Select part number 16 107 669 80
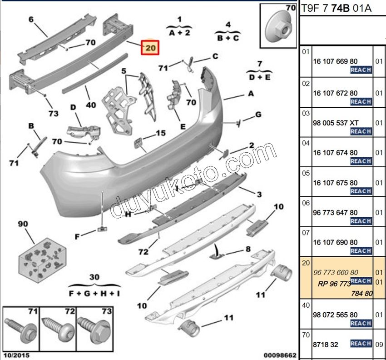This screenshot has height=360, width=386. coord(335,61)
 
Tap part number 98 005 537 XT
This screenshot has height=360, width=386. coord(335,123)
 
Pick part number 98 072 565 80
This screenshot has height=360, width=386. coord(335,315)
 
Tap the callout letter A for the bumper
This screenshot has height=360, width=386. coord(250,94)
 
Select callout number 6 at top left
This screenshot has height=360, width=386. coord(31,20)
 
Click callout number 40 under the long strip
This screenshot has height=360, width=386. coord(91,105)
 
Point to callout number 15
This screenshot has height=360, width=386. coord(161,133)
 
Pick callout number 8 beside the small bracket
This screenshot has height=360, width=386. coord(248,249)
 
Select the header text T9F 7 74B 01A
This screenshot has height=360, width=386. coord(336,8)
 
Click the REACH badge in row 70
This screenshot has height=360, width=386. coord(361,344)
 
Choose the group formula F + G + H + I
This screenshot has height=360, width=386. coord(94,293)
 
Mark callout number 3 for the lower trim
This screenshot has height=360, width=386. coord(259,195)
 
